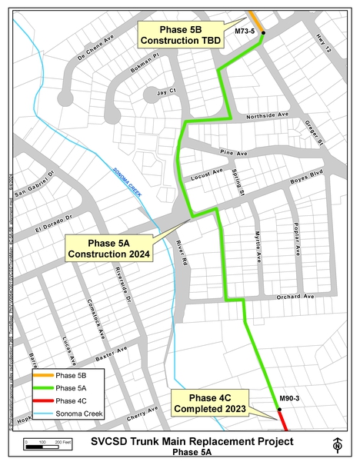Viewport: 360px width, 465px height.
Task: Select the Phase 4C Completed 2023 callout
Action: [208, 404]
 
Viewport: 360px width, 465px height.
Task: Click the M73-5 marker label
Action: [245, 53]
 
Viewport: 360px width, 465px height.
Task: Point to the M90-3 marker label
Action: [288, 397]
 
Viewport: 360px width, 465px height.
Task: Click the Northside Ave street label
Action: [266, 116]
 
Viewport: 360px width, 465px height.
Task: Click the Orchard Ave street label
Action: [298, 296]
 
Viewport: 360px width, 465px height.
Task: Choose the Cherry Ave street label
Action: [143, 413]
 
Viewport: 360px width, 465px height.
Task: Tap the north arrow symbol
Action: [338, 445]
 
